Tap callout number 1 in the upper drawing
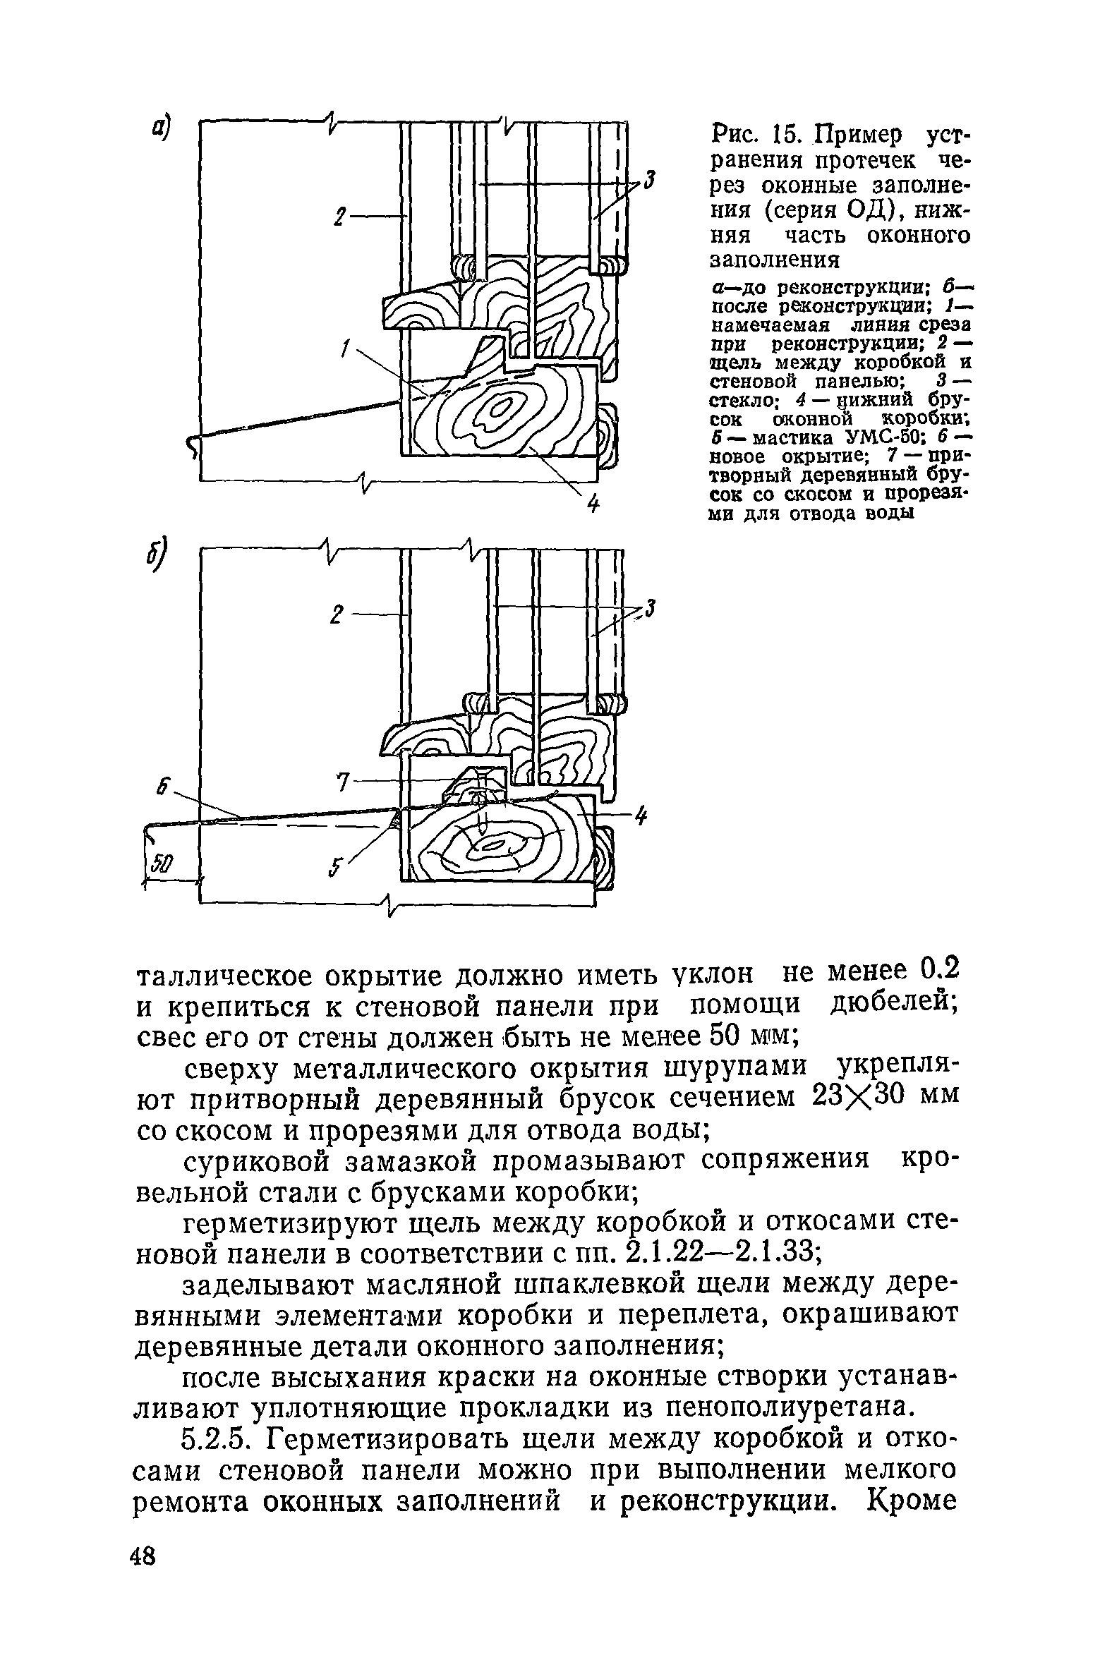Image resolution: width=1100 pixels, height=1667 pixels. (x=346, y=348)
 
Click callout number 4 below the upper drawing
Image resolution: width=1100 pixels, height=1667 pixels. (x=593, y=504)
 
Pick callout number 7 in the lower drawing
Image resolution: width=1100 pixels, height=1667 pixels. (x=344, y=782)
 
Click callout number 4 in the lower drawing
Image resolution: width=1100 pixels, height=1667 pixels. (x=641, y=816)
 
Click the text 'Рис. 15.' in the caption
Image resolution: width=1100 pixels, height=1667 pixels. (x=754, y=134)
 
